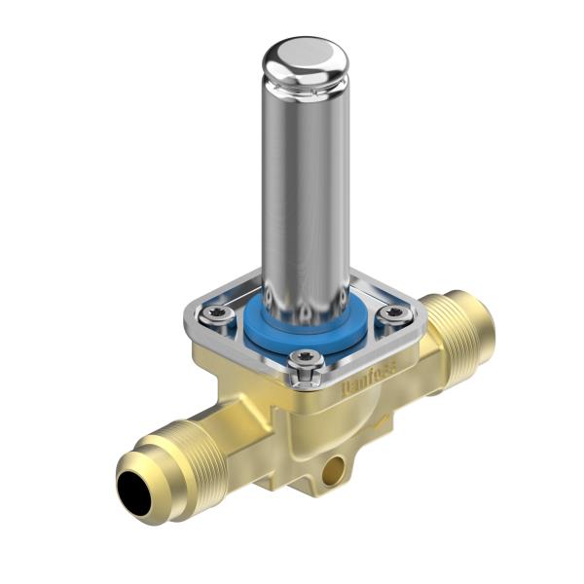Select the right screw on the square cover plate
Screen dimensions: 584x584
tap(393, 313)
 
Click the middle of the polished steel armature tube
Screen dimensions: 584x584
tap(304, 195)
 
